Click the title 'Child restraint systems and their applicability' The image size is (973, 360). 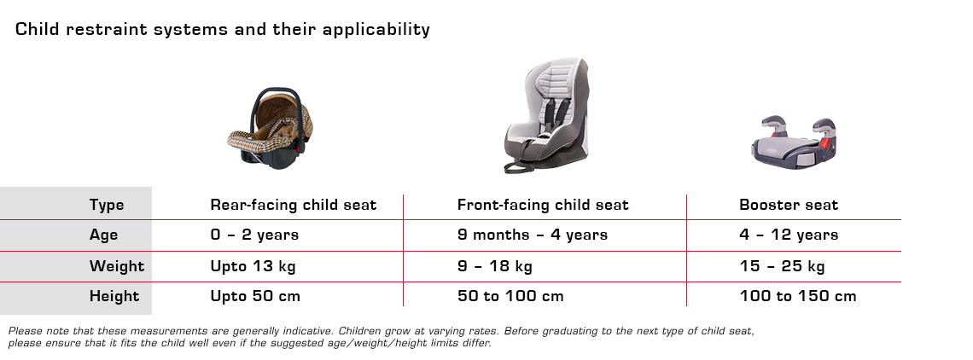223,30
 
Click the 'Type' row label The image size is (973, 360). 107,205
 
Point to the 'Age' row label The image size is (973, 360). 104,235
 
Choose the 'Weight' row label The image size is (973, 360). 117,266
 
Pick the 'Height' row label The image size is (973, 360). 114,297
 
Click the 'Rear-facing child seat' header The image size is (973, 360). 294,205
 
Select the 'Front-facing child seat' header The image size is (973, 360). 543,205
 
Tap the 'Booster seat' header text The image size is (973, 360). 789,205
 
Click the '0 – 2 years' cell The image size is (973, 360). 254,235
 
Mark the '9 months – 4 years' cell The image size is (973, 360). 533,235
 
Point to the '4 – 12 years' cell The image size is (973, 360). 789,235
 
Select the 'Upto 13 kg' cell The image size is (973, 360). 253,266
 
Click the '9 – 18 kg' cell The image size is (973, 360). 495,266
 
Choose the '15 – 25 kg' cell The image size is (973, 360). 782,266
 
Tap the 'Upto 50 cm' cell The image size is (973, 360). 255,297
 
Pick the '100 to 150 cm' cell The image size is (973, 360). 798,297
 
